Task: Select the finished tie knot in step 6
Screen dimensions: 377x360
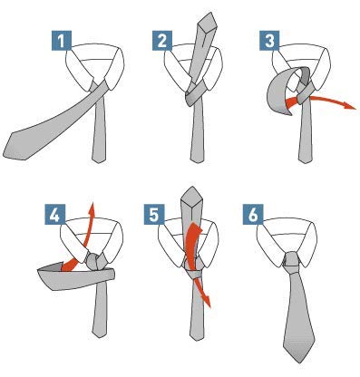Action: click(293, 263)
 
